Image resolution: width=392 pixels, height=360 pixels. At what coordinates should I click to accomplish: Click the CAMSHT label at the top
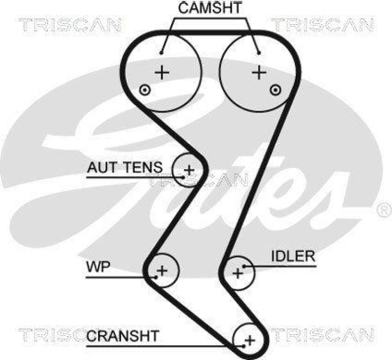click(209, 7)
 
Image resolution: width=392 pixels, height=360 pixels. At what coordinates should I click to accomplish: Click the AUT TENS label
click(124, 168)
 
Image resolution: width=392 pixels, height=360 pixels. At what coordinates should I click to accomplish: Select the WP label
click(98, 268)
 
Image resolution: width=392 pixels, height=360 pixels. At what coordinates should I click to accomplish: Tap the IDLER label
click(293, 256)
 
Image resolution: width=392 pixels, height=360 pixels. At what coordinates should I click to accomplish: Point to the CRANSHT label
click(123, 336)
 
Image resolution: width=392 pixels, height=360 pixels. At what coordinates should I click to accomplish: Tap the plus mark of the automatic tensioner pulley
click(189, 170)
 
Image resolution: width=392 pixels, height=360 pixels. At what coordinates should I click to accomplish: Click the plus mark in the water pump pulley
click(162, 269)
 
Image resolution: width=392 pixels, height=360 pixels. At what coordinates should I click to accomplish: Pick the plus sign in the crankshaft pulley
click(250, 339)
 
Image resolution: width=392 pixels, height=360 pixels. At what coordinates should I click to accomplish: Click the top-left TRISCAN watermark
click(70, 24)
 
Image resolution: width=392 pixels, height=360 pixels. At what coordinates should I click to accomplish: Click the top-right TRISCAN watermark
click(322, 24)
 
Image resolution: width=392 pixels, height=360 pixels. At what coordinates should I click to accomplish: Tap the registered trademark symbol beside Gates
click(383, 211)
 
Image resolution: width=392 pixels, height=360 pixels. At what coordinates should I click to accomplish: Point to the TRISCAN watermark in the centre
click(198, 181)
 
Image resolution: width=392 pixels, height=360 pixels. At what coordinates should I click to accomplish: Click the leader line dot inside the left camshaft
click(162, 51)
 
